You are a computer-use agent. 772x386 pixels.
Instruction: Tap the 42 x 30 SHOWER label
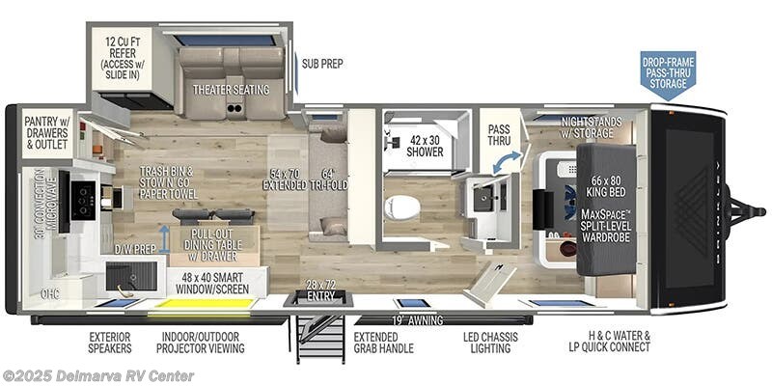point(425,145)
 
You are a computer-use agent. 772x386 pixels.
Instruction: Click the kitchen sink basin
point(130,276)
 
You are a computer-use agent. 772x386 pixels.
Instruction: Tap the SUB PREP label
point(321,64)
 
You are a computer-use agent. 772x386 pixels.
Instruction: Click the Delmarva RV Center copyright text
point(98,375)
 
